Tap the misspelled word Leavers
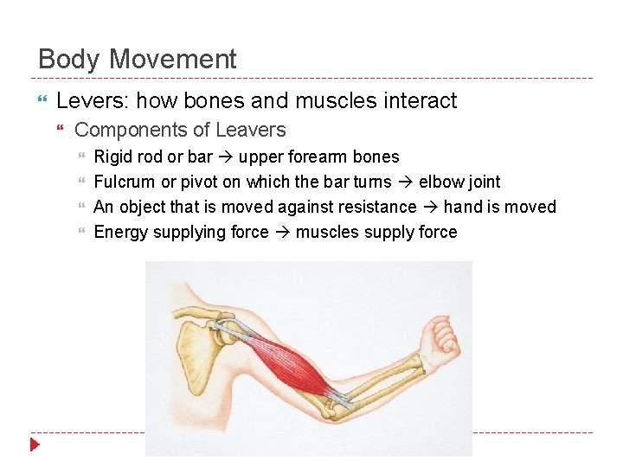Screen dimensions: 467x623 click(253, 131)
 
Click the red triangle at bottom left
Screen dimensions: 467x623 click(35, 445)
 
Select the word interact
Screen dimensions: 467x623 click(419, 101)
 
